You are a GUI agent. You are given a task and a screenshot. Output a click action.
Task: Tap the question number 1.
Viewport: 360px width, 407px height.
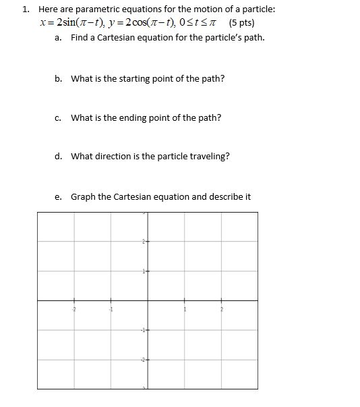click(x=24, y=9)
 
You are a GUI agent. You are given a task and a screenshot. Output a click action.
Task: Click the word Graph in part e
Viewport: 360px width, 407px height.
click(x=83, y=197)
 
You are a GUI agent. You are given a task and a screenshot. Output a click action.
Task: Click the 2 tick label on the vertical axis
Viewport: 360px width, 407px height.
click(x=144, y=242)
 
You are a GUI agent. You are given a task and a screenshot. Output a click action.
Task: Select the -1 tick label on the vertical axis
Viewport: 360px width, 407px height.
click(x=143, y=329)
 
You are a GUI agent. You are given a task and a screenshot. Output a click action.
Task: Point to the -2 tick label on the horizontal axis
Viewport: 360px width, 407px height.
click(x=75, y=308)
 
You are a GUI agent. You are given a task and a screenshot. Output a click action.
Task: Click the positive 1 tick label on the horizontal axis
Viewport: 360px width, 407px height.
click(x=184, y=308)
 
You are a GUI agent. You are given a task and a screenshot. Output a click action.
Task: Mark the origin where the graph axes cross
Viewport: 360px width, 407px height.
click(x=148, y=300)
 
